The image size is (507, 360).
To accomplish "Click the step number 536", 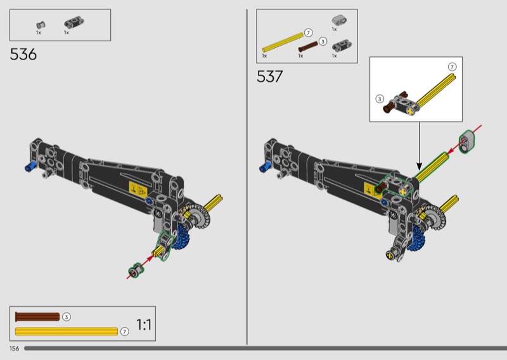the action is [x=23, y=55].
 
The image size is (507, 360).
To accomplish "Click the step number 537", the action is [x=270, y=77].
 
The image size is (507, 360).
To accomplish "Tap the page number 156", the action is [x=14, y=349].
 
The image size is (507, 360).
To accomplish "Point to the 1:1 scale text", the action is [x=144, y=325].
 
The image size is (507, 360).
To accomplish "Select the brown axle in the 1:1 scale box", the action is [x=37, y=317].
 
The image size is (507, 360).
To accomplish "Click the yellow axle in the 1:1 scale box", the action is [x=67, y=331].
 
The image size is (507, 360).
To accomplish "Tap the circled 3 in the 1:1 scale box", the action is [x=67, y=317].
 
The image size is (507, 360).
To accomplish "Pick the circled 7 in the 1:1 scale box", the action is [x=124, y=331].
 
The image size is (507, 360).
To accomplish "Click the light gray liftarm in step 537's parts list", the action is [x=339, y=20].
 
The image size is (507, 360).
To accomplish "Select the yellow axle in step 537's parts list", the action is [x=283, y=42].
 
